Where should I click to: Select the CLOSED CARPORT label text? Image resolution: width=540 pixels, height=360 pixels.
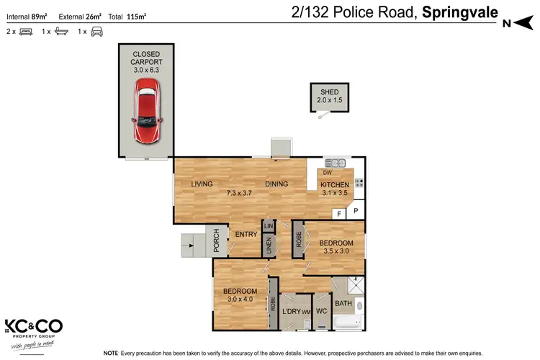click(146, 58)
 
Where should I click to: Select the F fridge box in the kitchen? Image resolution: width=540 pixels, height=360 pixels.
click(338, 214)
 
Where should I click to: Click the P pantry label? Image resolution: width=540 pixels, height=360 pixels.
click(356, 211)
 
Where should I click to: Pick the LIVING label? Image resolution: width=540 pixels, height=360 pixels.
click(202, 184)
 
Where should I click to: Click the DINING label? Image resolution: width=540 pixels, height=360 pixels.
click(276, 184)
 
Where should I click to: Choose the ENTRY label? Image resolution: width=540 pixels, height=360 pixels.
click(246, 234)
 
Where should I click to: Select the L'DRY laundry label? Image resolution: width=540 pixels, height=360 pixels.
click(291, 311)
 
